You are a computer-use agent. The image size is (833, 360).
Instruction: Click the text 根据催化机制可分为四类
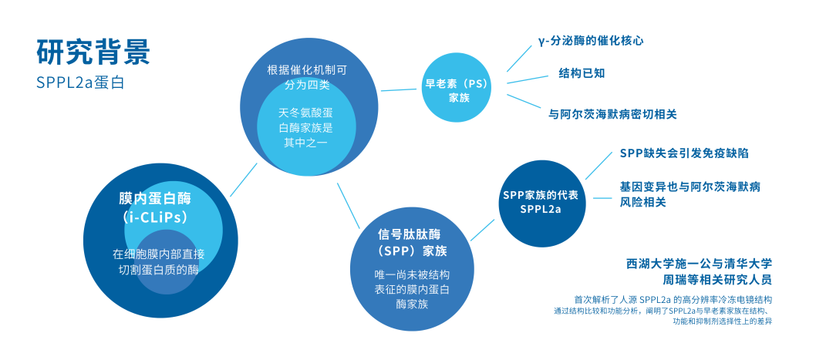[307, 76]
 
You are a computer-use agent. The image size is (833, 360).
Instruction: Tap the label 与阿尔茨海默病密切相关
[612, 113]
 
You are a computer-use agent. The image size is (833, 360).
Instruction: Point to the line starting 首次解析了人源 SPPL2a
[673, 298]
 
